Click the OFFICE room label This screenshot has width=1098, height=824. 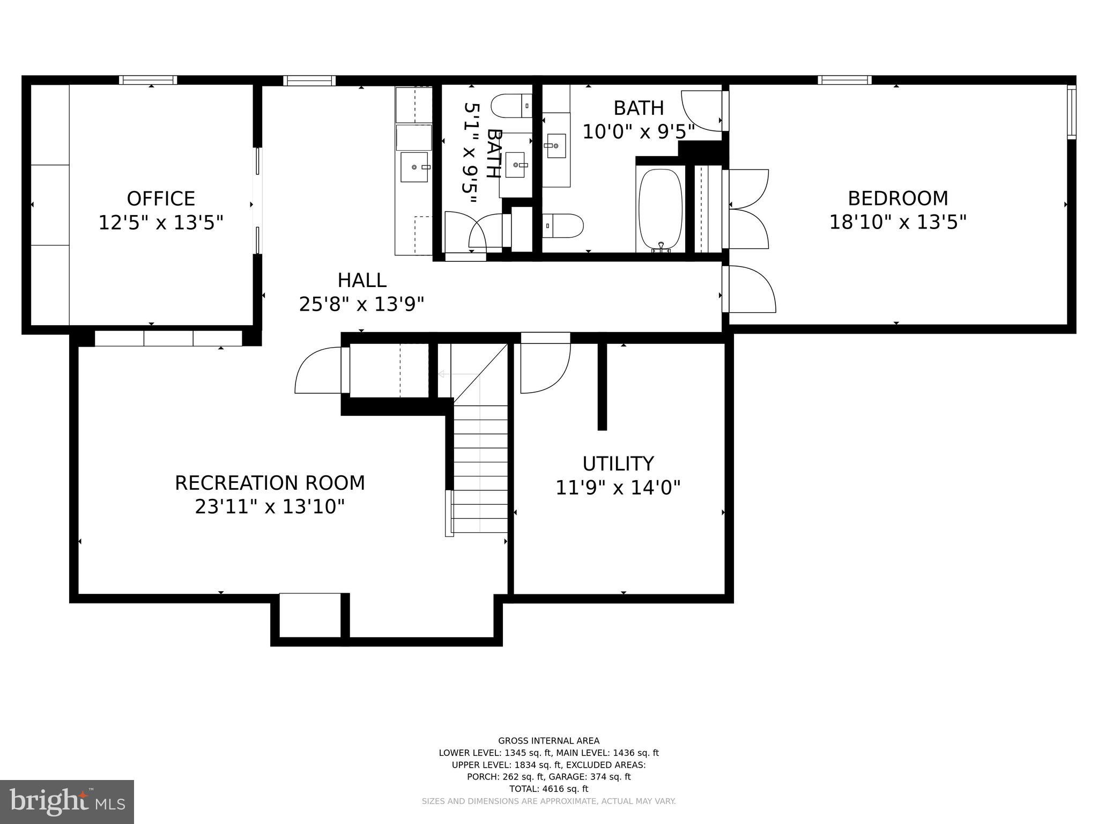pos(160,198)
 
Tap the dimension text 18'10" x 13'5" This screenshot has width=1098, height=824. pos(897,222)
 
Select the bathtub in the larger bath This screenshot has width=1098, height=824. pos(660,209)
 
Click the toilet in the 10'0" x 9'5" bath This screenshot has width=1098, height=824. pos(563,226)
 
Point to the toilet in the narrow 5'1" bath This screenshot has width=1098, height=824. pos(511,106)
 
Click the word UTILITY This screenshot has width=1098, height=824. pos(618,464)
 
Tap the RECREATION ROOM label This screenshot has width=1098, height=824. pos(270,483)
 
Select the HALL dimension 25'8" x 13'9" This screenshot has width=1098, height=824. pos(361,304)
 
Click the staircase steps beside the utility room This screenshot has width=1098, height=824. pos(480,467)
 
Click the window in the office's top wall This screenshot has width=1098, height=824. pos(148,80)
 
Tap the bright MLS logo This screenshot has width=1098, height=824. pos(67,802)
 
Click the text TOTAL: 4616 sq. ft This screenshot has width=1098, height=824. pos(548,789)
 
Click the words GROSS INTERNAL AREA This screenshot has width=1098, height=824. pos(548,741)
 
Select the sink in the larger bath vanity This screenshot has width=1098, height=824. pos(555,145)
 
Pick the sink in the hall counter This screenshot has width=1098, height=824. pos(414,167)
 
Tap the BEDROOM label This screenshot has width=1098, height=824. pos(897,198)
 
